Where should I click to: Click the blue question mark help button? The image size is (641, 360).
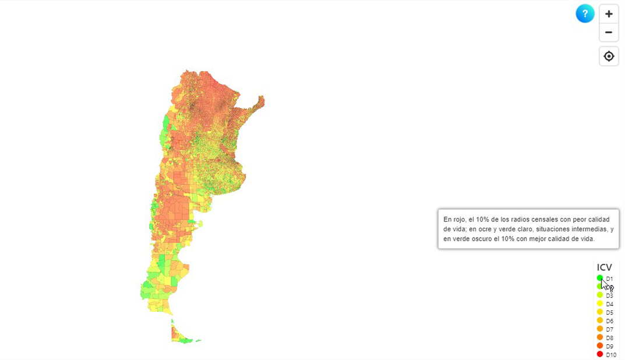(585, 13)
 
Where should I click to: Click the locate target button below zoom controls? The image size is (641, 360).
(609, 57)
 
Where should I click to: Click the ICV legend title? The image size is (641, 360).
(604, 267)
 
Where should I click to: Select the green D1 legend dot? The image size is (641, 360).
(600, 278)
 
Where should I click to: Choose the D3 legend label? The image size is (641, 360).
(610, 295)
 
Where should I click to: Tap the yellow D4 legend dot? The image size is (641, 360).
(600, 303)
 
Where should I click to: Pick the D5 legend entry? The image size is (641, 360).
(610, 312)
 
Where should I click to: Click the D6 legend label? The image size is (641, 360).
(610, 321)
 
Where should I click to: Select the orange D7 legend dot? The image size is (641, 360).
(600, 329)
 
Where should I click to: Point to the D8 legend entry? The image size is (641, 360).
(610, 338)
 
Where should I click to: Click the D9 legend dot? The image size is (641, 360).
(600, 345)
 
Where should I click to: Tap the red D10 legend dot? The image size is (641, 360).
(600, 354)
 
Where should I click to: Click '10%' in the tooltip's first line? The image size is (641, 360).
(482, 220)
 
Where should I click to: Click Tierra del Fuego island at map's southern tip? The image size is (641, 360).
(181, 336)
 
